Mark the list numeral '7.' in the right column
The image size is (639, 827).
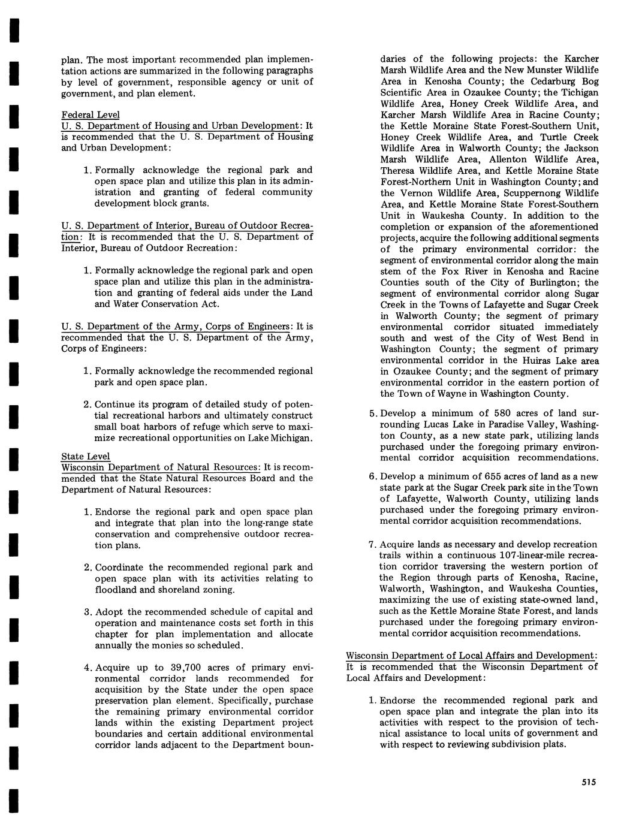[372, 544]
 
